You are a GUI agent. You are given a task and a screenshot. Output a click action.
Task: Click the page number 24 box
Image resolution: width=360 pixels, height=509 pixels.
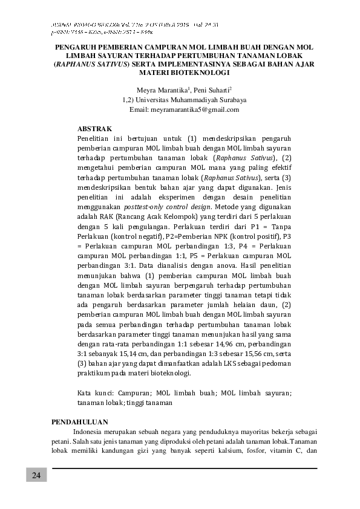tap(36, 475)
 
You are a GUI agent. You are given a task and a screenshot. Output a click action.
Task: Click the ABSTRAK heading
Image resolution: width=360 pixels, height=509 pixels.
tap(95, 129)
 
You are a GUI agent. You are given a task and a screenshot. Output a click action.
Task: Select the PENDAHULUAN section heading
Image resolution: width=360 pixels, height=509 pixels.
tap(80, 421)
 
